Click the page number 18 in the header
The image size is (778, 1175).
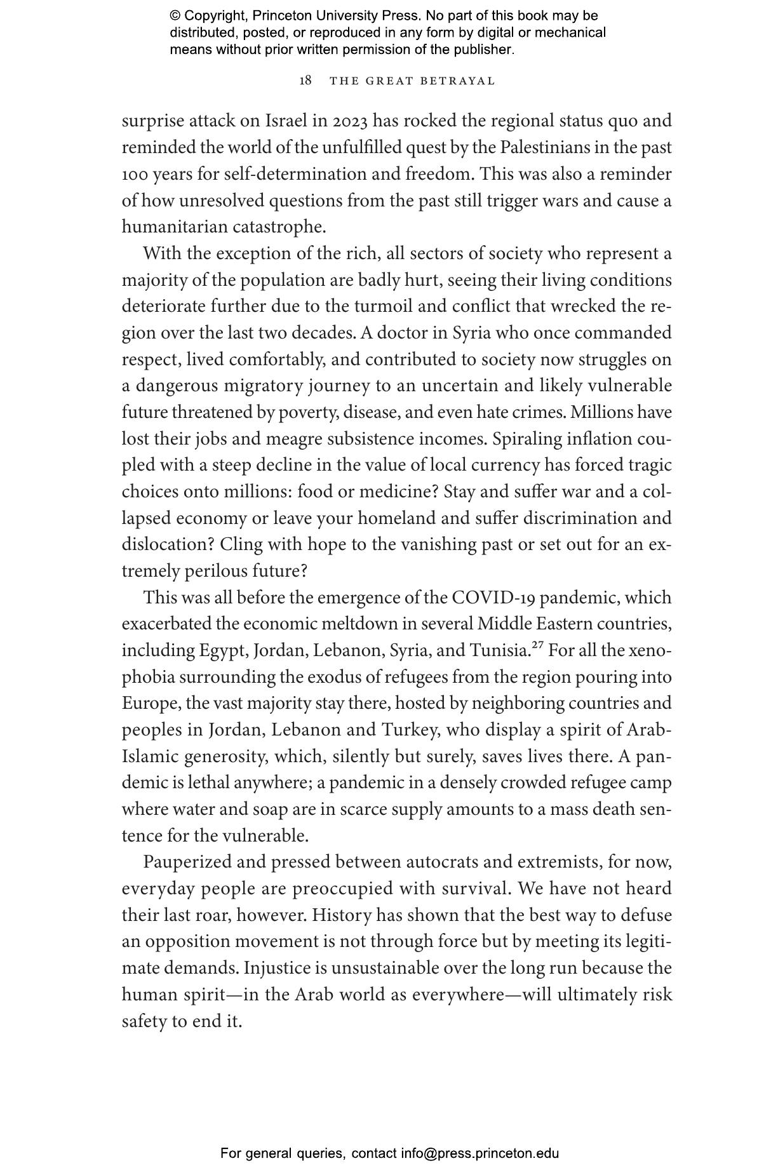(305, 81)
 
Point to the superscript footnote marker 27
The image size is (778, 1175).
(537, 646)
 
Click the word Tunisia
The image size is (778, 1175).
(499, 651)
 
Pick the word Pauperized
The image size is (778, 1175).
(185, 863)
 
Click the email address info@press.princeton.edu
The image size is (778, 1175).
(480, 1153)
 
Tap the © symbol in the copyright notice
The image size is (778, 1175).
(175, 16)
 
